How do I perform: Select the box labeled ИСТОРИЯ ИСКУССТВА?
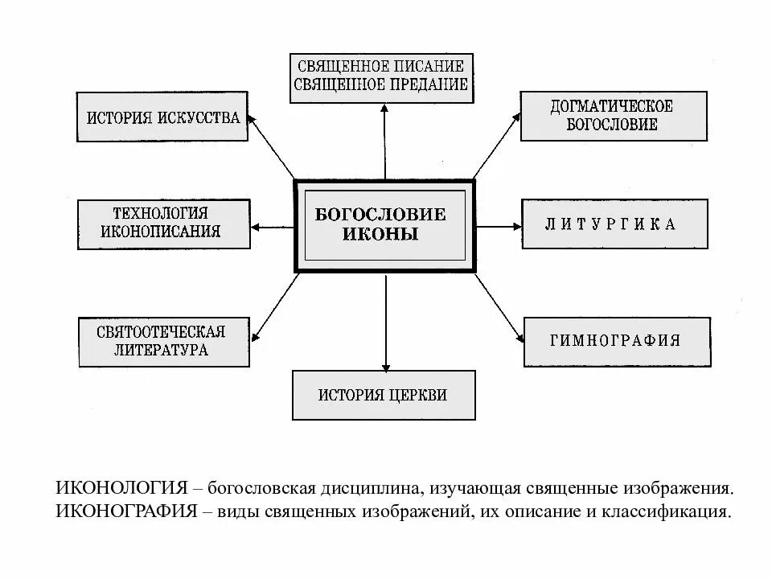pos(163,117)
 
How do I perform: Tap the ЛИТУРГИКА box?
pos(615,225)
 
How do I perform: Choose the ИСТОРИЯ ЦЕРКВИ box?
pos(383,395)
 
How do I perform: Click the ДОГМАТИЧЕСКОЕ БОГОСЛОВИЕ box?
pos(612,116)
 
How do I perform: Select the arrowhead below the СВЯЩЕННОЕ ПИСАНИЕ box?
pos(384,109)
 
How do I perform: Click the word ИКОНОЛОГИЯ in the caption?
pos(122,488)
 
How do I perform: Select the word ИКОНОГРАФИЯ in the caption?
pos(127,511)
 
